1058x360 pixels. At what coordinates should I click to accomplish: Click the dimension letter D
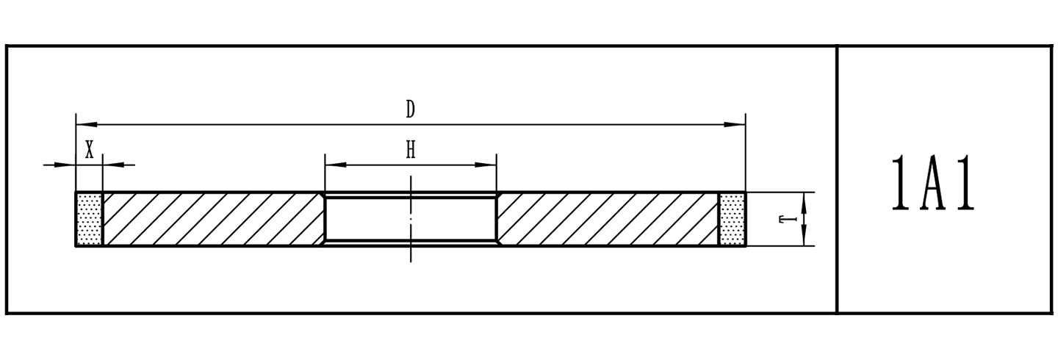pos(410,109)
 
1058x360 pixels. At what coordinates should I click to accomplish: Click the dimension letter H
pos(411,150)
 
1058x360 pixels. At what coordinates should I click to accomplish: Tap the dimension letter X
pos(90,150)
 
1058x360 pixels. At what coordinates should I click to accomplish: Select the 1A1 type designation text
pos(933,184)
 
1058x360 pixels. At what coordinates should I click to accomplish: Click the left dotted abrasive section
pos(90,219)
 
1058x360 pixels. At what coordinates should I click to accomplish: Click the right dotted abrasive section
pos(732,219)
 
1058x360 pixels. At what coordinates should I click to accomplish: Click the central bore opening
pos(411,219)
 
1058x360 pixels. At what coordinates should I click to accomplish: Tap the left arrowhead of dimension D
pos(87,124)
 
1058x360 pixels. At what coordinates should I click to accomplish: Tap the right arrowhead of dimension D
pos(735,124)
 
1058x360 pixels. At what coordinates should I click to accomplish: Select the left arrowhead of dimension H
pos(335,165)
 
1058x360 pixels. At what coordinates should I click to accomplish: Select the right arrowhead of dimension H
pos(486,165)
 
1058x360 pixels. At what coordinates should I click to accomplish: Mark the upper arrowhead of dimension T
pos(804,203)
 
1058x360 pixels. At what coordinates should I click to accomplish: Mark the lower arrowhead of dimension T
pos(804,235)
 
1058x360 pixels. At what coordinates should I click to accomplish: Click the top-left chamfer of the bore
pos(323,195)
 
